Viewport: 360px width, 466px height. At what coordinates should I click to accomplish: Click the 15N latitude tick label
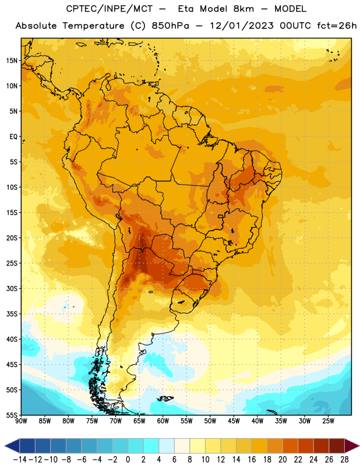(x=12, y=61)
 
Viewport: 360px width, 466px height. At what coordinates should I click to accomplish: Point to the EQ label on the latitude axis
(x=13, y=137)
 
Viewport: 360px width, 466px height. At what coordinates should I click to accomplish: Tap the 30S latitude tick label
(x=12, y=288)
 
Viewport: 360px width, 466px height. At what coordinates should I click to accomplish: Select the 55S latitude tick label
(x=12, y=415)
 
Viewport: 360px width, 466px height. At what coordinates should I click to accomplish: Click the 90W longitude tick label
(x=21, y=421)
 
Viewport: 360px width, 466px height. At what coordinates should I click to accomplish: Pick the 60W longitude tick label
(x=163, y=421)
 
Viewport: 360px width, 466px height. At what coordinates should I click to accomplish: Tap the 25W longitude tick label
(x=329, y=421)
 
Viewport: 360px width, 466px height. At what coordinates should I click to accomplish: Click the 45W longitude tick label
(x=234, y=421)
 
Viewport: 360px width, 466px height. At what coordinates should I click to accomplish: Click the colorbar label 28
(x=344, y=460)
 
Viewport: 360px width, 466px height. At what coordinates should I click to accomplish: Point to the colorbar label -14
(x=20, y=460)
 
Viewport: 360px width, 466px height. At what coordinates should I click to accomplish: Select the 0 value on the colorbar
(x=128, y=460)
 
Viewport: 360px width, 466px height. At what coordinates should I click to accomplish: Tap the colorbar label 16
(x=252, y=460)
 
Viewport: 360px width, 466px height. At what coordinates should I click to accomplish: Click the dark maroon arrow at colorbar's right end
(x=351, y=446)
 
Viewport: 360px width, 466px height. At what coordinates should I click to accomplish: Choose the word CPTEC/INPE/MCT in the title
(x=110, y=9)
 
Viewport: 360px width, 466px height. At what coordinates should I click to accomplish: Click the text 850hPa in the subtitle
(x=170, y=26)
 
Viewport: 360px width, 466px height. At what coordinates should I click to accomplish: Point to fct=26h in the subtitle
(x=337, y=26)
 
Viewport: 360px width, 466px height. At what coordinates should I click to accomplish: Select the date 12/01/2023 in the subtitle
(x=242, y=26)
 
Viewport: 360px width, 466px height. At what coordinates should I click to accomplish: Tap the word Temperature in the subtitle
(x=93, y=26)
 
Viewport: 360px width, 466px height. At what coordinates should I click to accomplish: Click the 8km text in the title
(x=243, y=9)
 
